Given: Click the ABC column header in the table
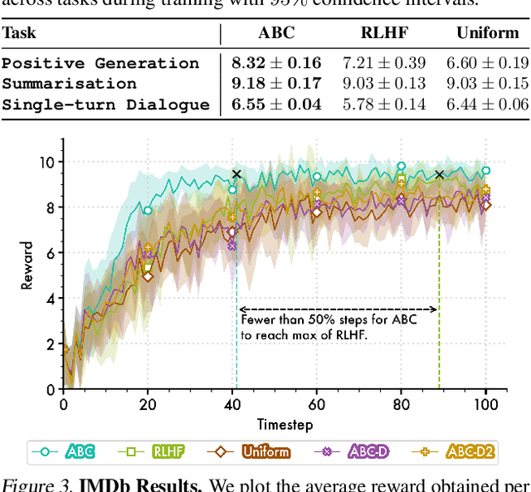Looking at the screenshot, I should click(x=275, y=35).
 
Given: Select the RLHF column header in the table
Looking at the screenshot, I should click(x=383, y=35).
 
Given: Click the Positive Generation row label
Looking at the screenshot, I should click(x=100, y=63).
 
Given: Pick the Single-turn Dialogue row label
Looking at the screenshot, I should click(x=105, y=105).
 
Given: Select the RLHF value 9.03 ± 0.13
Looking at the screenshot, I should click(x=383, y=84).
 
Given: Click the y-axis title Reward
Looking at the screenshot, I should click(x=28, y=265).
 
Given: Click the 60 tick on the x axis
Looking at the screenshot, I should click(x=317, y=405).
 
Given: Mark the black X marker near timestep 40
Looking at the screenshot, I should click(x=236, y=174).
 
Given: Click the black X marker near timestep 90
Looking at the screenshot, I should click(x=440, y=174).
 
